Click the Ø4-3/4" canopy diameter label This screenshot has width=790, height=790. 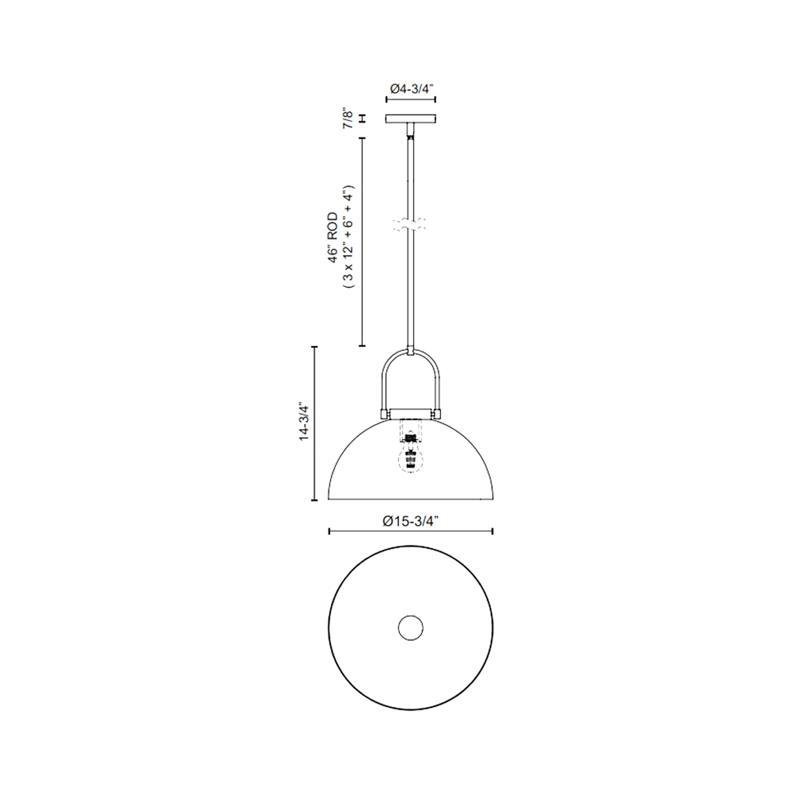pos(411,89)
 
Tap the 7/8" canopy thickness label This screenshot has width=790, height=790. pos(348,119)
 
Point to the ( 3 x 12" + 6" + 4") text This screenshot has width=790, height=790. pos(349,237)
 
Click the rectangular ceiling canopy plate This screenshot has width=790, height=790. pos(410,119)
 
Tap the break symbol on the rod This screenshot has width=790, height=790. pos(410,224)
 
